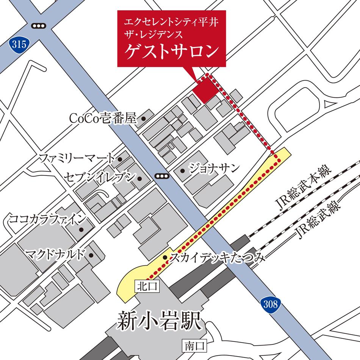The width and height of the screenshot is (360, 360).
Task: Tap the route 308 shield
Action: click(271, 304)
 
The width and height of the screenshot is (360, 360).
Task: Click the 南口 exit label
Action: click(195, 345)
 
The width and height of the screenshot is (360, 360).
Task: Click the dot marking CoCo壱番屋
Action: click(144, 119)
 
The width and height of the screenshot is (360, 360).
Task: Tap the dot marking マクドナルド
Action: click(91, 255)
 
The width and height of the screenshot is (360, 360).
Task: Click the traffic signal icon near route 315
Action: click(38, 25)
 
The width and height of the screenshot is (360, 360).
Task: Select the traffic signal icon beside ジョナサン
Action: click(161, 175)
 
